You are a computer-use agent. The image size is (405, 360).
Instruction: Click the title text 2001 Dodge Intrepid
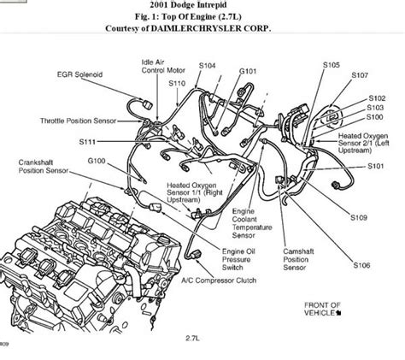click(x=202, y=6)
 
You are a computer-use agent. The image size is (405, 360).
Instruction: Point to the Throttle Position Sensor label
click(x=75, y=121)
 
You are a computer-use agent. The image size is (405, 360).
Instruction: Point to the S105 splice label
click(x=332, y=64)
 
